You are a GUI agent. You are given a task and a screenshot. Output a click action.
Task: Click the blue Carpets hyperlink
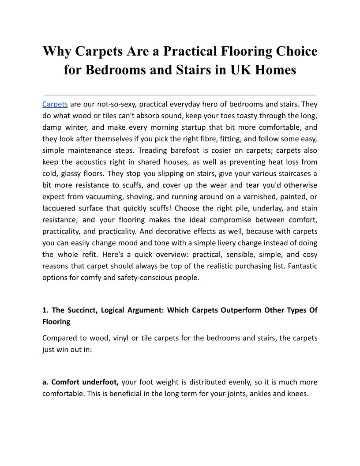(x=55, y=105)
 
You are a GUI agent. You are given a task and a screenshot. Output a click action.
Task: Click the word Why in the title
(x=57, y=52)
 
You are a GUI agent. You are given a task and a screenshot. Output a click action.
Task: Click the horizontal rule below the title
(x=180, y=95)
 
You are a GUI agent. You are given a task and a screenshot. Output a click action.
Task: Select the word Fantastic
(x=302, y=266)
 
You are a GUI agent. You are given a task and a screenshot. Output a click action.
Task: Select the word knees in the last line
(x=297, y=394)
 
